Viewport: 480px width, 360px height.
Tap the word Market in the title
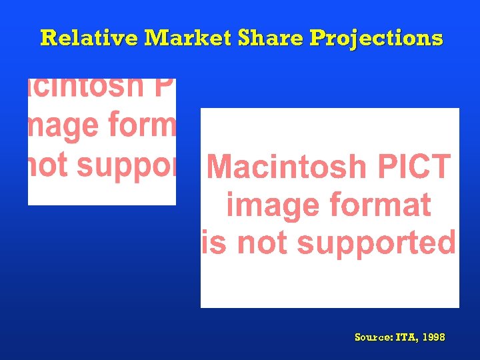coord(189,38)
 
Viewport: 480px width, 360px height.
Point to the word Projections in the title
coord(377,39)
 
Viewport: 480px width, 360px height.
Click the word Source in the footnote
coord(373,337)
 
